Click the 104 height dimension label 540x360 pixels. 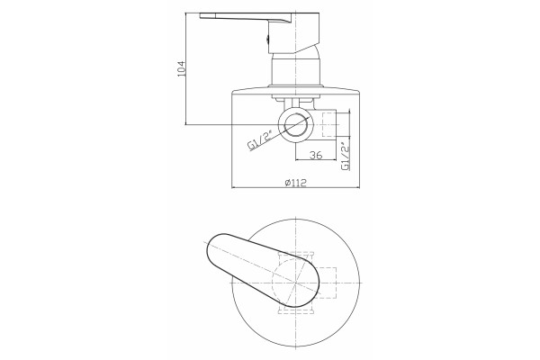click(181, 69)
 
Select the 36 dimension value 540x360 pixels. click(316, 155)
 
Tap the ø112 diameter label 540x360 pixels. click(296, 183)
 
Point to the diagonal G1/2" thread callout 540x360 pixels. click(261, 139)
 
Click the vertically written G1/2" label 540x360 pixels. click(346, 157)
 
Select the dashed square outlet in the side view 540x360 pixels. click(328, 124)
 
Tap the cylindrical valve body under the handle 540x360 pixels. click(296, 72)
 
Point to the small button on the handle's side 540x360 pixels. click(267, 40)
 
